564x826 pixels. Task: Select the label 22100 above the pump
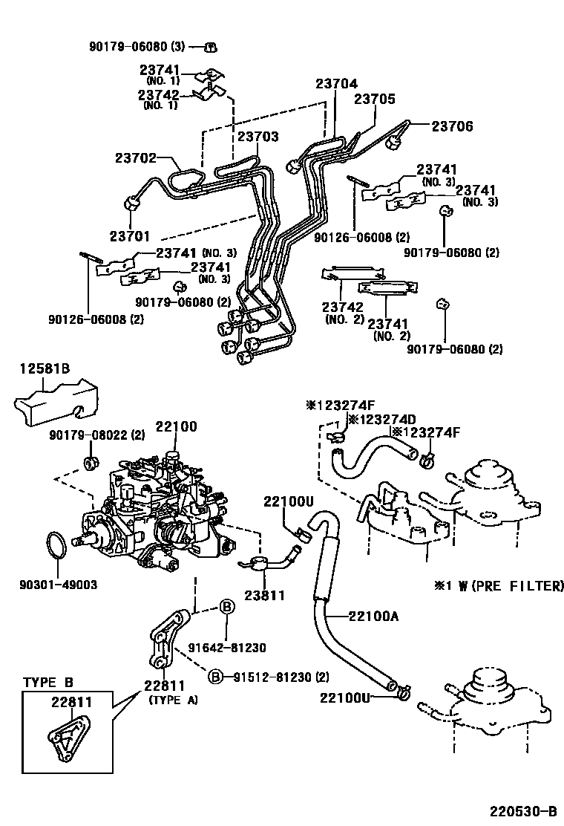point(176,426)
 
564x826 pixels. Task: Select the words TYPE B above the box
point(47,683)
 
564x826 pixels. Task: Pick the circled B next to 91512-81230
point(214,676)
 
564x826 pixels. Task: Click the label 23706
point(452,126)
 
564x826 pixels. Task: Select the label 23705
point(374,99)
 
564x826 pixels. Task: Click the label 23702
point(137,157)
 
